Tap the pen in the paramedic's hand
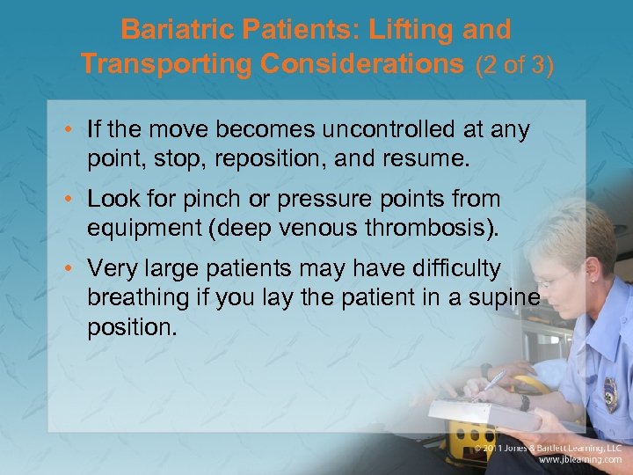coord(491,384)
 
